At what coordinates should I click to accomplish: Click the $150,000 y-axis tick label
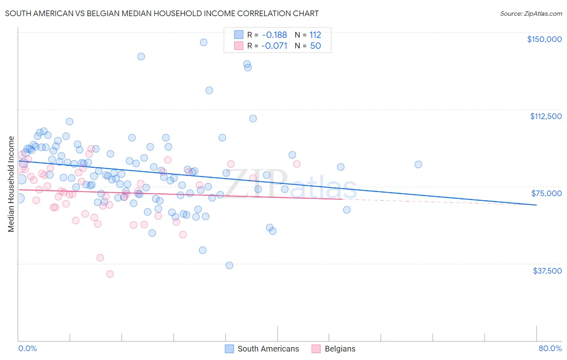[x=544, y=39]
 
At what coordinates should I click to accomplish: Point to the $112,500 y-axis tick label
[x=546, y=116]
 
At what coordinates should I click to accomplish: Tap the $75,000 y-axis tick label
[x=546, y=193]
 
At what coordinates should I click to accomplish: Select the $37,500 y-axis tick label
[x=547, y=271]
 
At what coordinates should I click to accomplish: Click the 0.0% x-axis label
[x=27, y=348]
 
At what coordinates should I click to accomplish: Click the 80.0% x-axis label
[x=550, y=348]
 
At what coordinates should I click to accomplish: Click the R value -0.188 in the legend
[x=274, y=35]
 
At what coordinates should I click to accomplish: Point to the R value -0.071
[x=274, y=46]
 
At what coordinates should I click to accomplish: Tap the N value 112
[x=315, y=35]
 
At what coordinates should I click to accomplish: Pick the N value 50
[x=315, y=46]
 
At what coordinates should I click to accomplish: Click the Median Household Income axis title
[x=11, y=184]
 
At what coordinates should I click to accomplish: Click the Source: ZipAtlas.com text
[x=531, y=14]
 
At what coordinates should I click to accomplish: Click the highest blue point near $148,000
[x=204, y=42]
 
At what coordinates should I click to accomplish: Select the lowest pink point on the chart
[x=110, y=274]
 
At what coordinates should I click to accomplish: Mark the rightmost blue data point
[x=418, y=164]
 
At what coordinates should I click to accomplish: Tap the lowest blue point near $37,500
[x=229, y=265]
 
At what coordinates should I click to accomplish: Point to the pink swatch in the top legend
[x=239, y=46]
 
